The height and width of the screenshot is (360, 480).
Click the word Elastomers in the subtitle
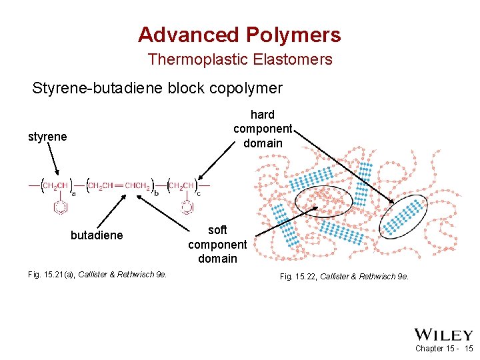pos(293,59)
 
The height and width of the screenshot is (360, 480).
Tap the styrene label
pos(47,137)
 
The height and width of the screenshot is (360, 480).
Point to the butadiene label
pos(97,235)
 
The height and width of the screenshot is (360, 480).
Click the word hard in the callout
pos(263,115)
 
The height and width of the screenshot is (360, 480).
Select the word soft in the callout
pos(217,230)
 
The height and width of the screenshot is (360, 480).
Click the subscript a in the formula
pos(73,194)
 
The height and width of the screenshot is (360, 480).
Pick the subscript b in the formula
pos(157,193)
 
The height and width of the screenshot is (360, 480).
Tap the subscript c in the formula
pos(198,194)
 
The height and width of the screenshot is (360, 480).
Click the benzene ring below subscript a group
pos(61,207)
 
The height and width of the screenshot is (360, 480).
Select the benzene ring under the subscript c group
pos(187,207)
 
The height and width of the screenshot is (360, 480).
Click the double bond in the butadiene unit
pos(121,185)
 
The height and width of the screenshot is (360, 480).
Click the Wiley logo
pos(443,335)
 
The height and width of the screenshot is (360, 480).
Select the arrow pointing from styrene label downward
pos(53,161)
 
